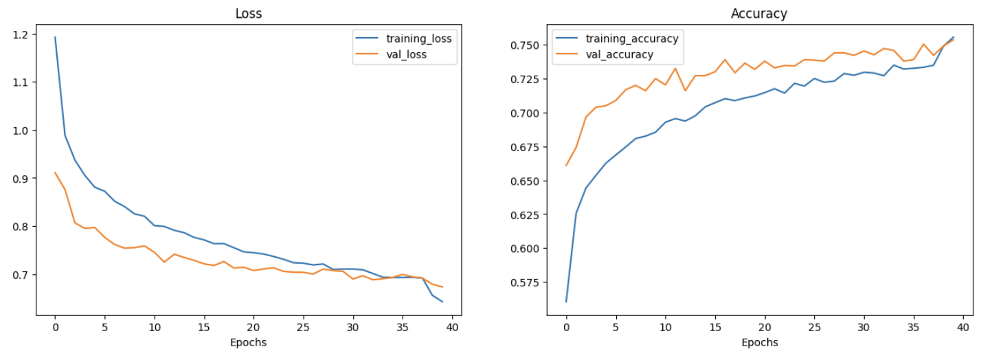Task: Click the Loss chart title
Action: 248,14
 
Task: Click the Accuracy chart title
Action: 759,14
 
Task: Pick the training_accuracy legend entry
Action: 631,38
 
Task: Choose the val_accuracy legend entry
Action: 619,54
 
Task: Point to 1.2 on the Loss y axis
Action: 20,34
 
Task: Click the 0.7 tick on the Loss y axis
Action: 20,275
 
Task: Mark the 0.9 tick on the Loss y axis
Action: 20,179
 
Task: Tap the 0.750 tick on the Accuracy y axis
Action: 526,45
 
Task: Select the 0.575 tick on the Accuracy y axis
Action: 526,282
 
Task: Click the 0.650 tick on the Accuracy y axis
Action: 526,181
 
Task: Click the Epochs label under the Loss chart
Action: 248,341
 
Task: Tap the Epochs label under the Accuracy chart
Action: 759,341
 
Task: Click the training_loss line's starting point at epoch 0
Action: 55,37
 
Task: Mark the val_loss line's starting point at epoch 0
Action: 55,172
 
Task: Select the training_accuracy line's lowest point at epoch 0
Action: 566,302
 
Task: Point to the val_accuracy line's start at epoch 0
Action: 566,166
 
